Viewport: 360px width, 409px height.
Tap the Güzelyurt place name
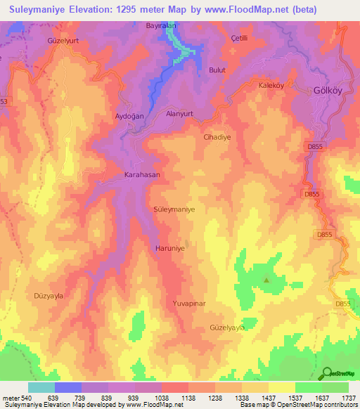(61, 41)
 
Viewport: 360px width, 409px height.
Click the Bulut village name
(217, 70)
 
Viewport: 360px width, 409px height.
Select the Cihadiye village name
(217, 138)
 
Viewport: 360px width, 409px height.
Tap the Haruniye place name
(169, 249)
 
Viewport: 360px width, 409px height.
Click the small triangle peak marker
(266, 281)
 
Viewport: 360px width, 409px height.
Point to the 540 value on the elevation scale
(23, 397)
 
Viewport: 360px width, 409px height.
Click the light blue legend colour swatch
(41, 387)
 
